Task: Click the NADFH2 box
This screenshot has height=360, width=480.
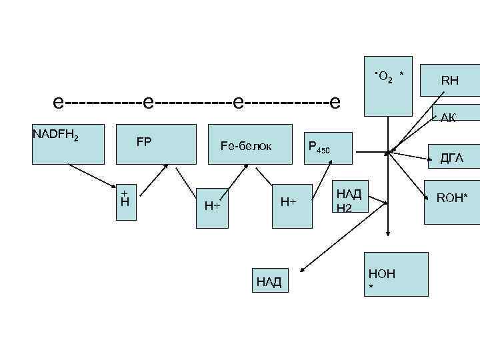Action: [68, 144]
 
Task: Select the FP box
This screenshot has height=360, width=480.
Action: [157, 143]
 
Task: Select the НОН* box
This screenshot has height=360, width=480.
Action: [397, 274]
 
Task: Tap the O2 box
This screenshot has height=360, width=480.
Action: [389, 85]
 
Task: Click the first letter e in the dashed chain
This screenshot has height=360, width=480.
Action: [59, 103]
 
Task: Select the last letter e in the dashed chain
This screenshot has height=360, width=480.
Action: [335, 103]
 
